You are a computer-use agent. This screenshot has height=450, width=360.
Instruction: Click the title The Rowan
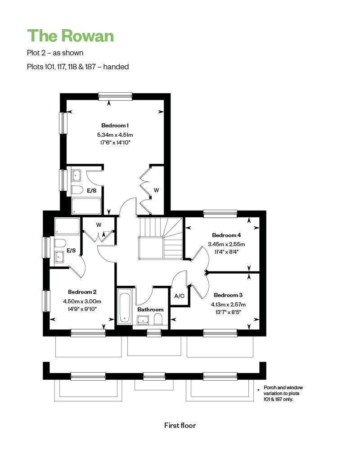pyautogui.click(x=70, y=36)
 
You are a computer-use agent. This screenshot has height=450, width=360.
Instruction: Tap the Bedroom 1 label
pyautogui.click(x=115, y=126)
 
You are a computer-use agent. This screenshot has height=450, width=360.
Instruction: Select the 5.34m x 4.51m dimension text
pyautogui.click(x=115, y=135)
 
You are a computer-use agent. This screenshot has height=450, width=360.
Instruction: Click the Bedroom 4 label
pyautogui.click(x=226, y=235)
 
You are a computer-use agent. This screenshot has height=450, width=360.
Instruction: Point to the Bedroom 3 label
pyautogui.click(x=228, y=295)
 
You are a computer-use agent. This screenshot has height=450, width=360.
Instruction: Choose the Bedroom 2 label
pyautogui.click(x=82, y=292)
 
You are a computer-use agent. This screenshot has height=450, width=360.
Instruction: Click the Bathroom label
pyautogui.click(x=150, y=310)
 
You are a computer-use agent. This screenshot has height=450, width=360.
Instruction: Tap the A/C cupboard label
pyautogui.click(x=179, y=296)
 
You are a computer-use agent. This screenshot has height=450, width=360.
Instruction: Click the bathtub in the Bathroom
pyautogui.click(x=124, y=307)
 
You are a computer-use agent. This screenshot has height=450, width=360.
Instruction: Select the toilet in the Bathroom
pyautogui.click(x=158, y=319)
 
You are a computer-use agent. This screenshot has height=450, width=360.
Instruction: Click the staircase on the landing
pyautogui.click(x=161, y=238)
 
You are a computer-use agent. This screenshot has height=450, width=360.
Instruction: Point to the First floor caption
pyautogui.click(x=180, y=425)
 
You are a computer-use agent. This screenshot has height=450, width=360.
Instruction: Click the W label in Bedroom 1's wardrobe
pyautogui.click(x=156, y=190)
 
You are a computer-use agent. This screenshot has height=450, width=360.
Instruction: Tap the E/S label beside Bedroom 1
pyautogui.click(x=92, y=190)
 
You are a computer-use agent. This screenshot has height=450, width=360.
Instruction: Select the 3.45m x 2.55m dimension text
pyautogui.click(x=226, y=244)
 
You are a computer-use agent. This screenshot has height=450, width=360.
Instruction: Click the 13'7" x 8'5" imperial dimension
pyautogui.click(x=228, y=312)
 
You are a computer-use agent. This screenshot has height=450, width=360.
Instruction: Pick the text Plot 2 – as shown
pyautogui.click(x=55, y=53)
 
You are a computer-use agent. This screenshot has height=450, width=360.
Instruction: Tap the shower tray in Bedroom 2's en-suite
pyautogui.click(x=67, y=226)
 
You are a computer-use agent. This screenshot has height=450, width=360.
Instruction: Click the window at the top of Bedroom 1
pyautogui.click(x=115, y=96)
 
